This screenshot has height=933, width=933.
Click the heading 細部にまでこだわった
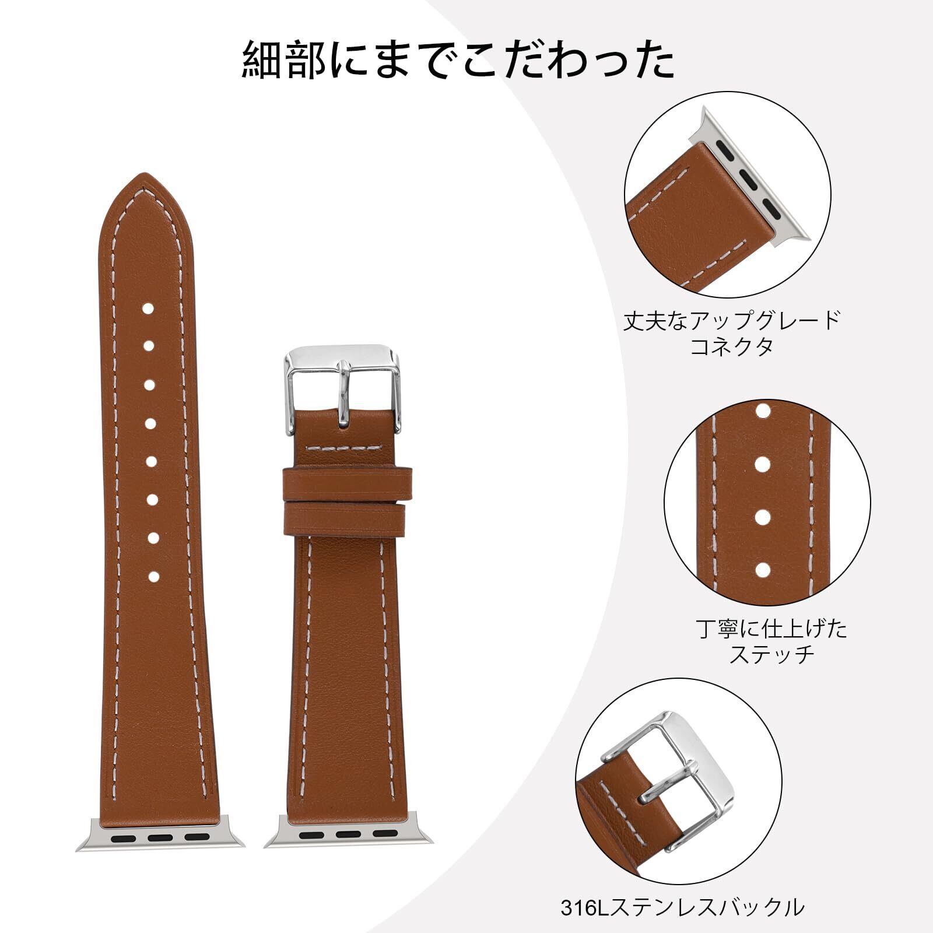(459, 60)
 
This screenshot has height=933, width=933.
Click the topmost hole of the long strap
(149, 308)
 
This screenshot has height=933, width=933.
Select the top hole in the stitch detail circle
(761, 412)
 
